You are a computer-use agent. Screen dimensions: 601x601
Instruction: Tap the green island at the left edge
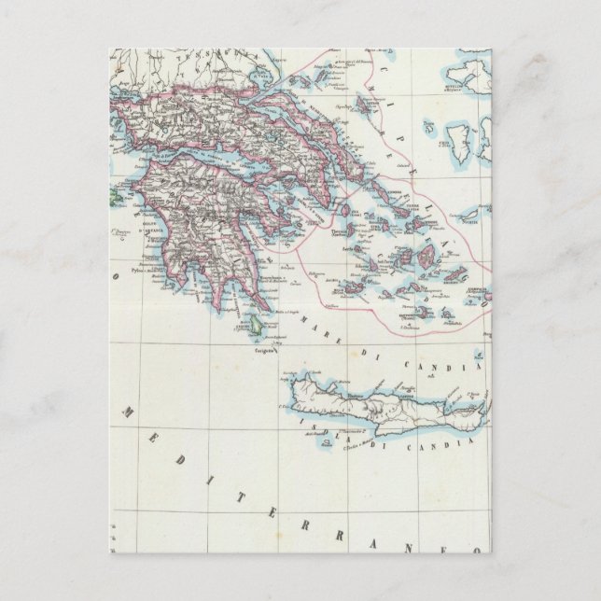tap(114, 194)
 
